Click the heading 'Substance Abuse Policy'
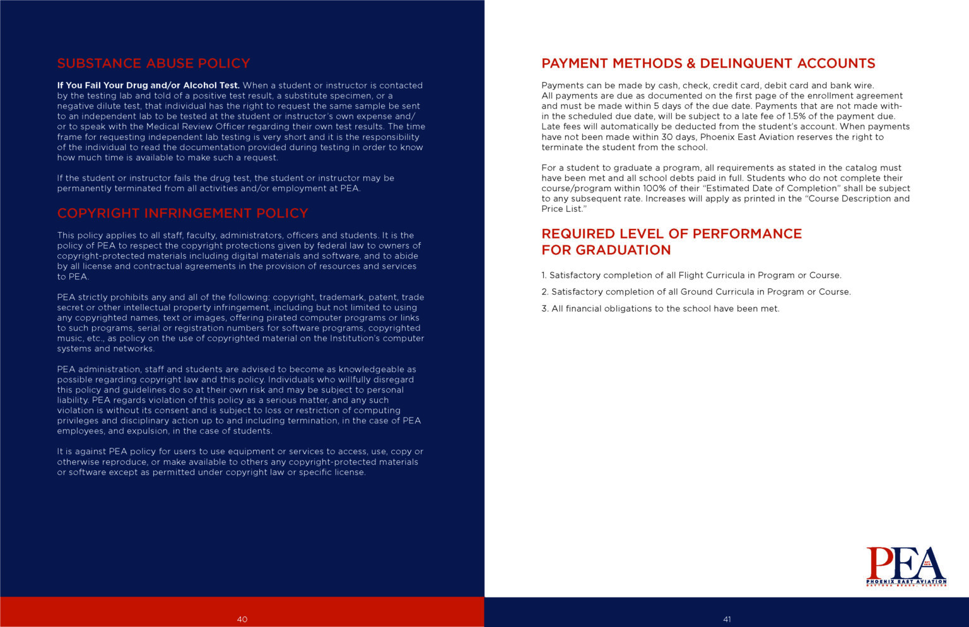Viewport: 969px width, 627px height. (x=153, y=63)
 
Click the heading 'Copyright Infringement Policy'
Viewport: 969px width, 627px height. (x=182, y=213)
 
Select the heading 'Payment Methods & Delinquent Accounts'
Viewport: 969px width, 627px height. (x=708, y=63)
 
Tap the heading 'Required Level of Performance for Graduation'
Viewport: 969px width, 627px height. (x=671, y=242)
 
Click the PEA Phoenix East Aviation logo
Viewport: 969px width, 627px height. (x=906, y=566)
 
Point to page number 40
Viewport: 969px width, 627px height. (x=242, y=619)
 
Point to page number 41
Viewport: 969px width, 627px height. (x=727, y=619)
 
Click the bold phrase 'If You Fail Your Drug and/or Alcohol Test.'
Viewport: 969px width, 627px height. (x=148, y=85)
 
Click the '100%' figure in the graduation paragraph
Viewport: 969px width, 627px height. (x=654, y=188)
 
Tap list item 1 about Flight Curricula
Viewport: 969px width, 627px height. (x=691, y=275)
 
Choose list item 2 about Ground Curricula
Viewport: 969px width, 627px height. (x=696, y=291)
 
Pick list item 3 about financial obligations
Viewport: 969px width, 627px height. (x=661, y=308)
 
